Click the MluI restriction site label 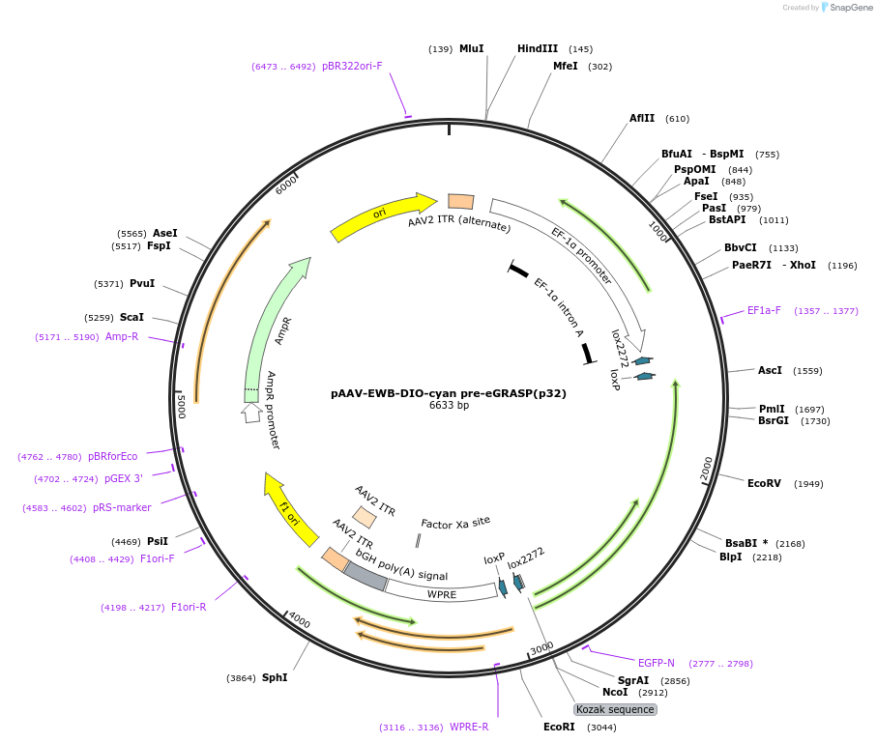pos(471,48)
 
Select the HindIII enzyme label pos(538,48)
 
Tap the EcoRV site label pos(764,483)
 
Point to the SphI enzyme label pos(275,677)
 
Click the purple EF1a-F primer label pos(764,311)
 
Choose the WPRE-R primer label pos(470,727)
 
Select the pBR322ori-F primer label pos(352,66)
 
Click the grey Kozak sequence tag pos(616,709)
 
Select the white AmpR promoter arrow pos(251,412)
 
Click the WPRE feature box pos(442,594)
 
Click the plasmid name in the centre pos(449,393)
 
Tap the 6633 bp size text pos(449,406)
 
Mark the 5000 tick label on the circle pos(181,405)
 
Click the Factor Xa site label pos(455,524)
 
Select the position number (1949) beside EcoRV pos(808,483)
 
